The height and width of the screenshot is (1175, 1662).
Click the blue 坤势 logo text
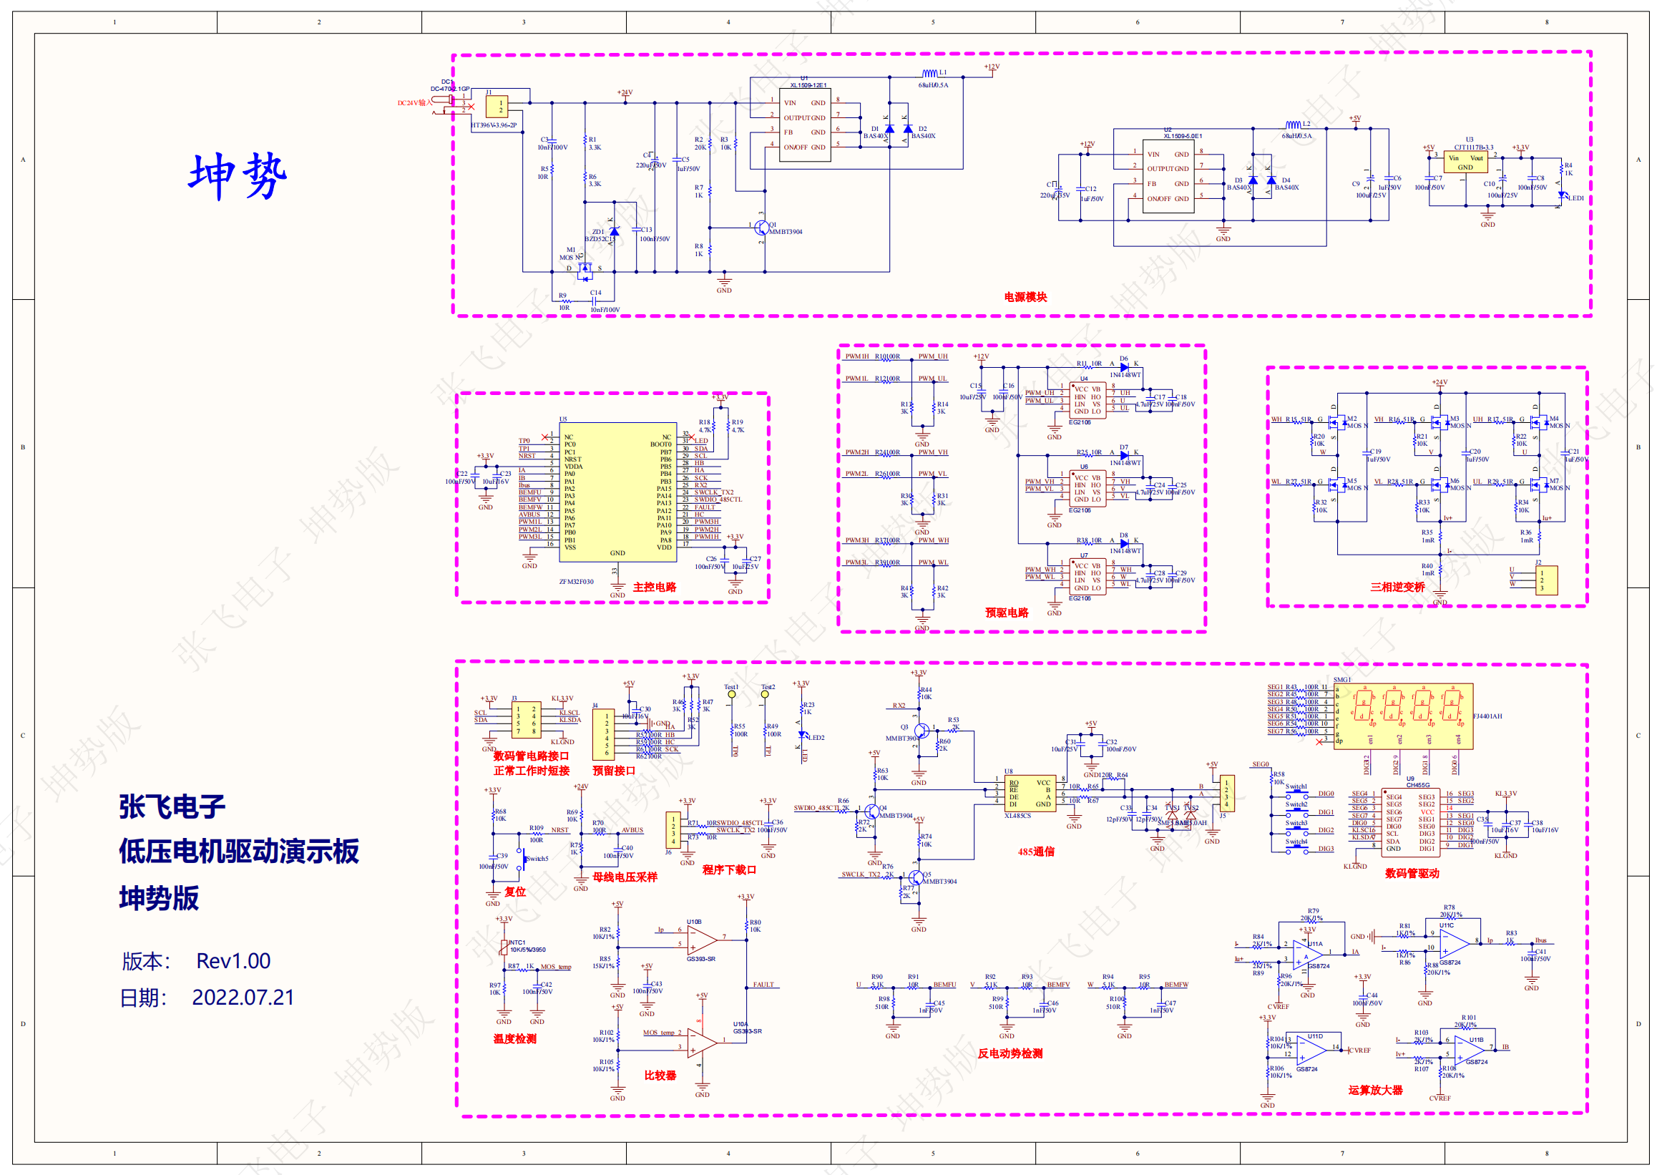(x=238, y=176)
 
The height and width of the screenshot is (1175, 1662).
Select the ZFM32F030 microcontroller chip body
(x=617, y=492)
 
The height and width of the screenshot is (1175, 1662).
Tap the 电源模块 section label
(x=1025, y=297)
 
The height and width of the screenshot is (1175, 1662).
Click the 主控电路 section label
(x=655, y=587)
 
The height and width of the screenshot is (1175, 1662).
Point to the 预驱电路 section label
(x=1006, y=613)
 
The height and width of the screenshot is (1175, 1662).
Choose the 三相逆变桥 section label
(x=1397, y=587)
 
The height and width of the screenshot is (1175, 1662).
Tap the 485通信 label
(x=1036, y=852)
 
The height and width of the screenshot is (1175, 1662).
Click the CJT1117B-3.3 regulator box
(x=1465, y=162)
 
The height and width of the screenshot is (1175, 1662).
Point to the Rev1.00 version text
(x=233, y=961)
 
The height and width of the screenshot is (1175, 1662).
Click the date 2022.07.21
(x=243, y=997)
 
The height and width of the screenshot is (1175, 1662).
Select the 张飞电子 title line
(x=172, y=806)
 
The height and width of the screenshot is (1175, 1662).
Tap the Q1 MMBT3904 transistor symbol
(x=761, y=229)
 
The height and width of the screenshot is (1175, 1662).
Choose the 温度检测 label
(x=514, y=1039)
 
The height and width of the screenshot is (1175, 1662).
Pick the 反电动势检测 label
(x=1010, y=1053)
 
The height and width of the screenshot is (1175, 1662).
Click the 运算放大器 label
(x=1375, y=1091)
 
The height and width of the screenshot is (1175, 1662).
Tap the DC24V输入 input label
(x=414, y=103)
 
